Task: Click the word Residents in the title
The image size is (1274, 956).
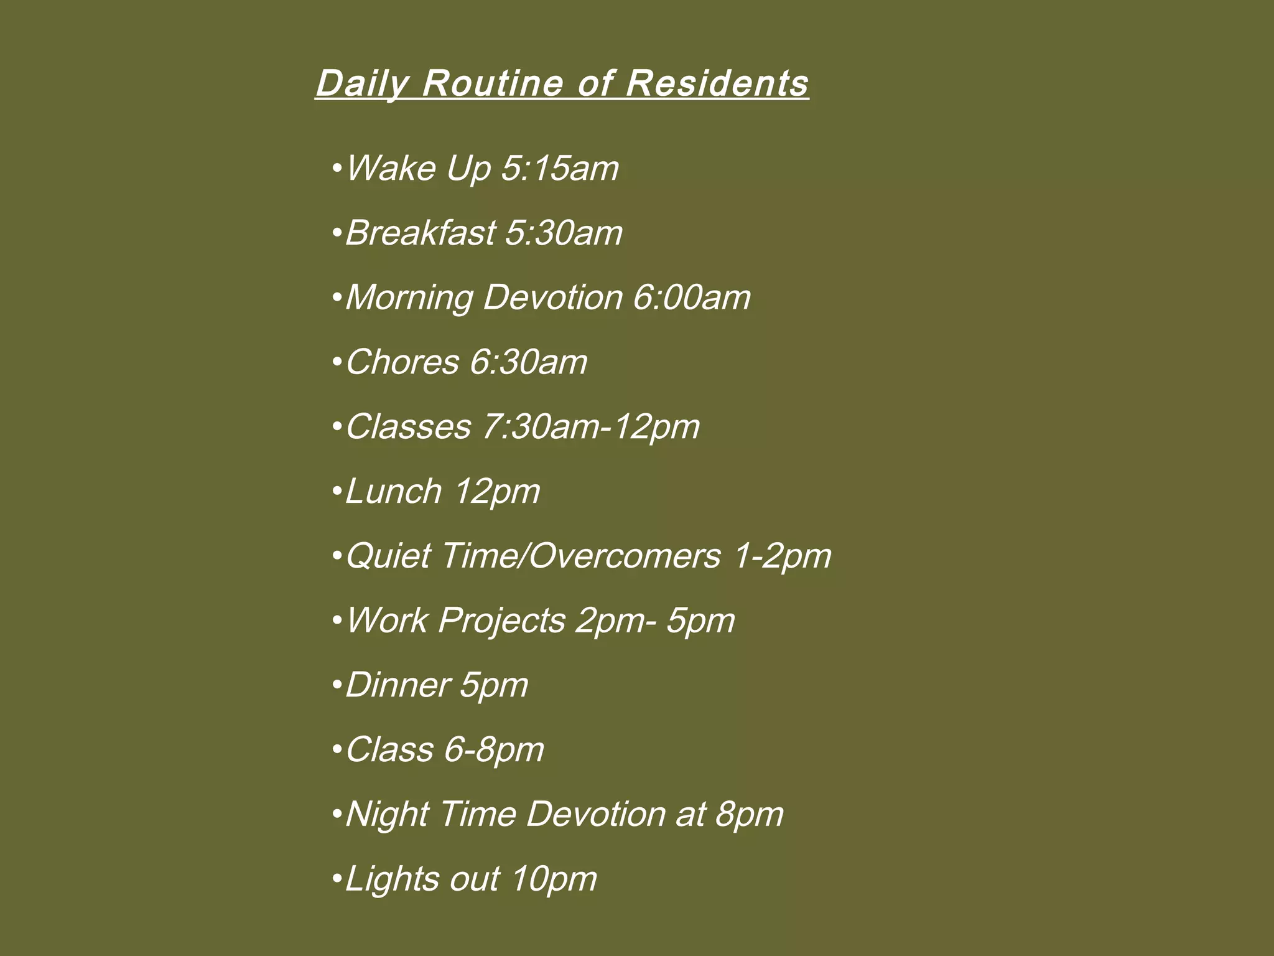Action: [x=717, y=83]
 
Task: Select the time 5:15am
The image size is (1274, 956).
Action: [x=560, y=168]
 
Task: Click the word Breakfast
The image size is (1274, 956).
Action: [x=421, y=233]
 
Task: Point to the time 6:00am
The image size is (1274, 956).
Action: [x=692, y=297]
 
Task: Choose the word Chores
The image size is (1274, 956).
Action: [x=402, y=362]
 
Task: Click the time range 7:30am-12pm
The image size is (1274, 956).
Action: [x=591, y=427]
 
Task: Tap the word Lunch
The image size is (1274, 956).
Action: [x=393, y=491]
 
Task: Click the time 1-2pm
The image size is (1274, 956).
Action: [x=782, y=556]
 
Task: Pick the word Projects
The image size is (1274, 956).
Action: [x=502, y=621]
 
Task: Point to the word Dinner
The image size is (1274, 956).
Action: [x=398, y=685]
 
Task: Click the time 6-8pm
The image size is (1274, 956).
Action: [x=495, y=749]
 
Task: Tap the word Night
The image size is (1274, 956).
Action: [x=386, y=814]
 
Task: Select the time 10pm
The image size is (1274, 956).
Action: [x=554, y=879]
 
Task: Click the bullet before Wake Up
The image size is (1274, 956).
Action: [x=337, y=168]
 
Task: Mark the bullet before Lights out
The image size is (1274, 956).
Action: [x=337, y=879]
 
